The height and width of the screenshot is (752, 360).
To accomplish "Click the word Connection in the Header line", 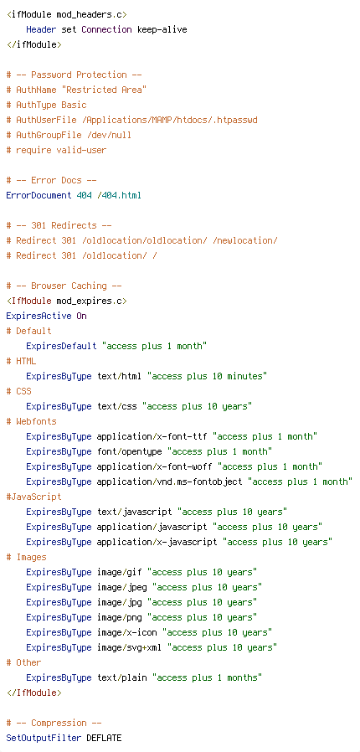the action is (106, 30).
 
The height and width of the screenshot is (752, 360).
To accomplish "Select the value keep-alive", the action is (162, 30).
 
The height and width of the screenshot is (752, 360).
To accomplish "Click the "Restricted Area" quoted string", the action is (106, 90).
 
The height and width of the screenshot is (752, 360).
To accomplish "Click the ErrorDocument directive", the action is (39, 195).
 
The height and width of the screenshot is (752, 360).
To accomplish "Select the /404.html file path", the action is (119, 195).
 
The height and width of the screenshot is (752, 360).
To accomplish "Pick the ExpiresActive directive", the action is (39, 316).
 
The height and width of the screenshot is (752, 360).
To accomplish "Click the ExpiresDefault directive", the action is (61, 346).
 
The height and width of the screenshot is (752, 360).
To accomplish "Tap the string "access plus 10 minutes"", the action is (207, 377).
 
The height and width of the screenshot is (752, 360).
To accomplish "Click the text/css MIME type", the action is (116, 406).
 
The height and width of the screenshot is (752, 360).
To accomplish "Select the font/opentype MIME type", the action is (130, 451).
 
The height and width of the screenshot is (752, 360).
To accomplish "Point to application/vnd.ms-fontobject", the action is (170, 482).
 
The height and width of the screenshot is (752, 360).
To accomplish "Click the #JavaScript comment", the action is (34, 497).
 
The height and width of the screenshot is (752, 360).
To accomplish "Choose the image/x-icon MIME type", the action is (126, 632).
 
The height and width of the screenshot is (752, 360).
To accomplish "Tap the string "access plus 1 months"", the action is (207, 677).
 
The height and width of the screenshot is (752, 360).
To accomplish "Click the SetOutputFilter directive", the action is (44, 738).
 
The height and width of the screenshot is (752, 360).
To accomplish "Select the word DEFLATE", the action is (104, 738).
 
